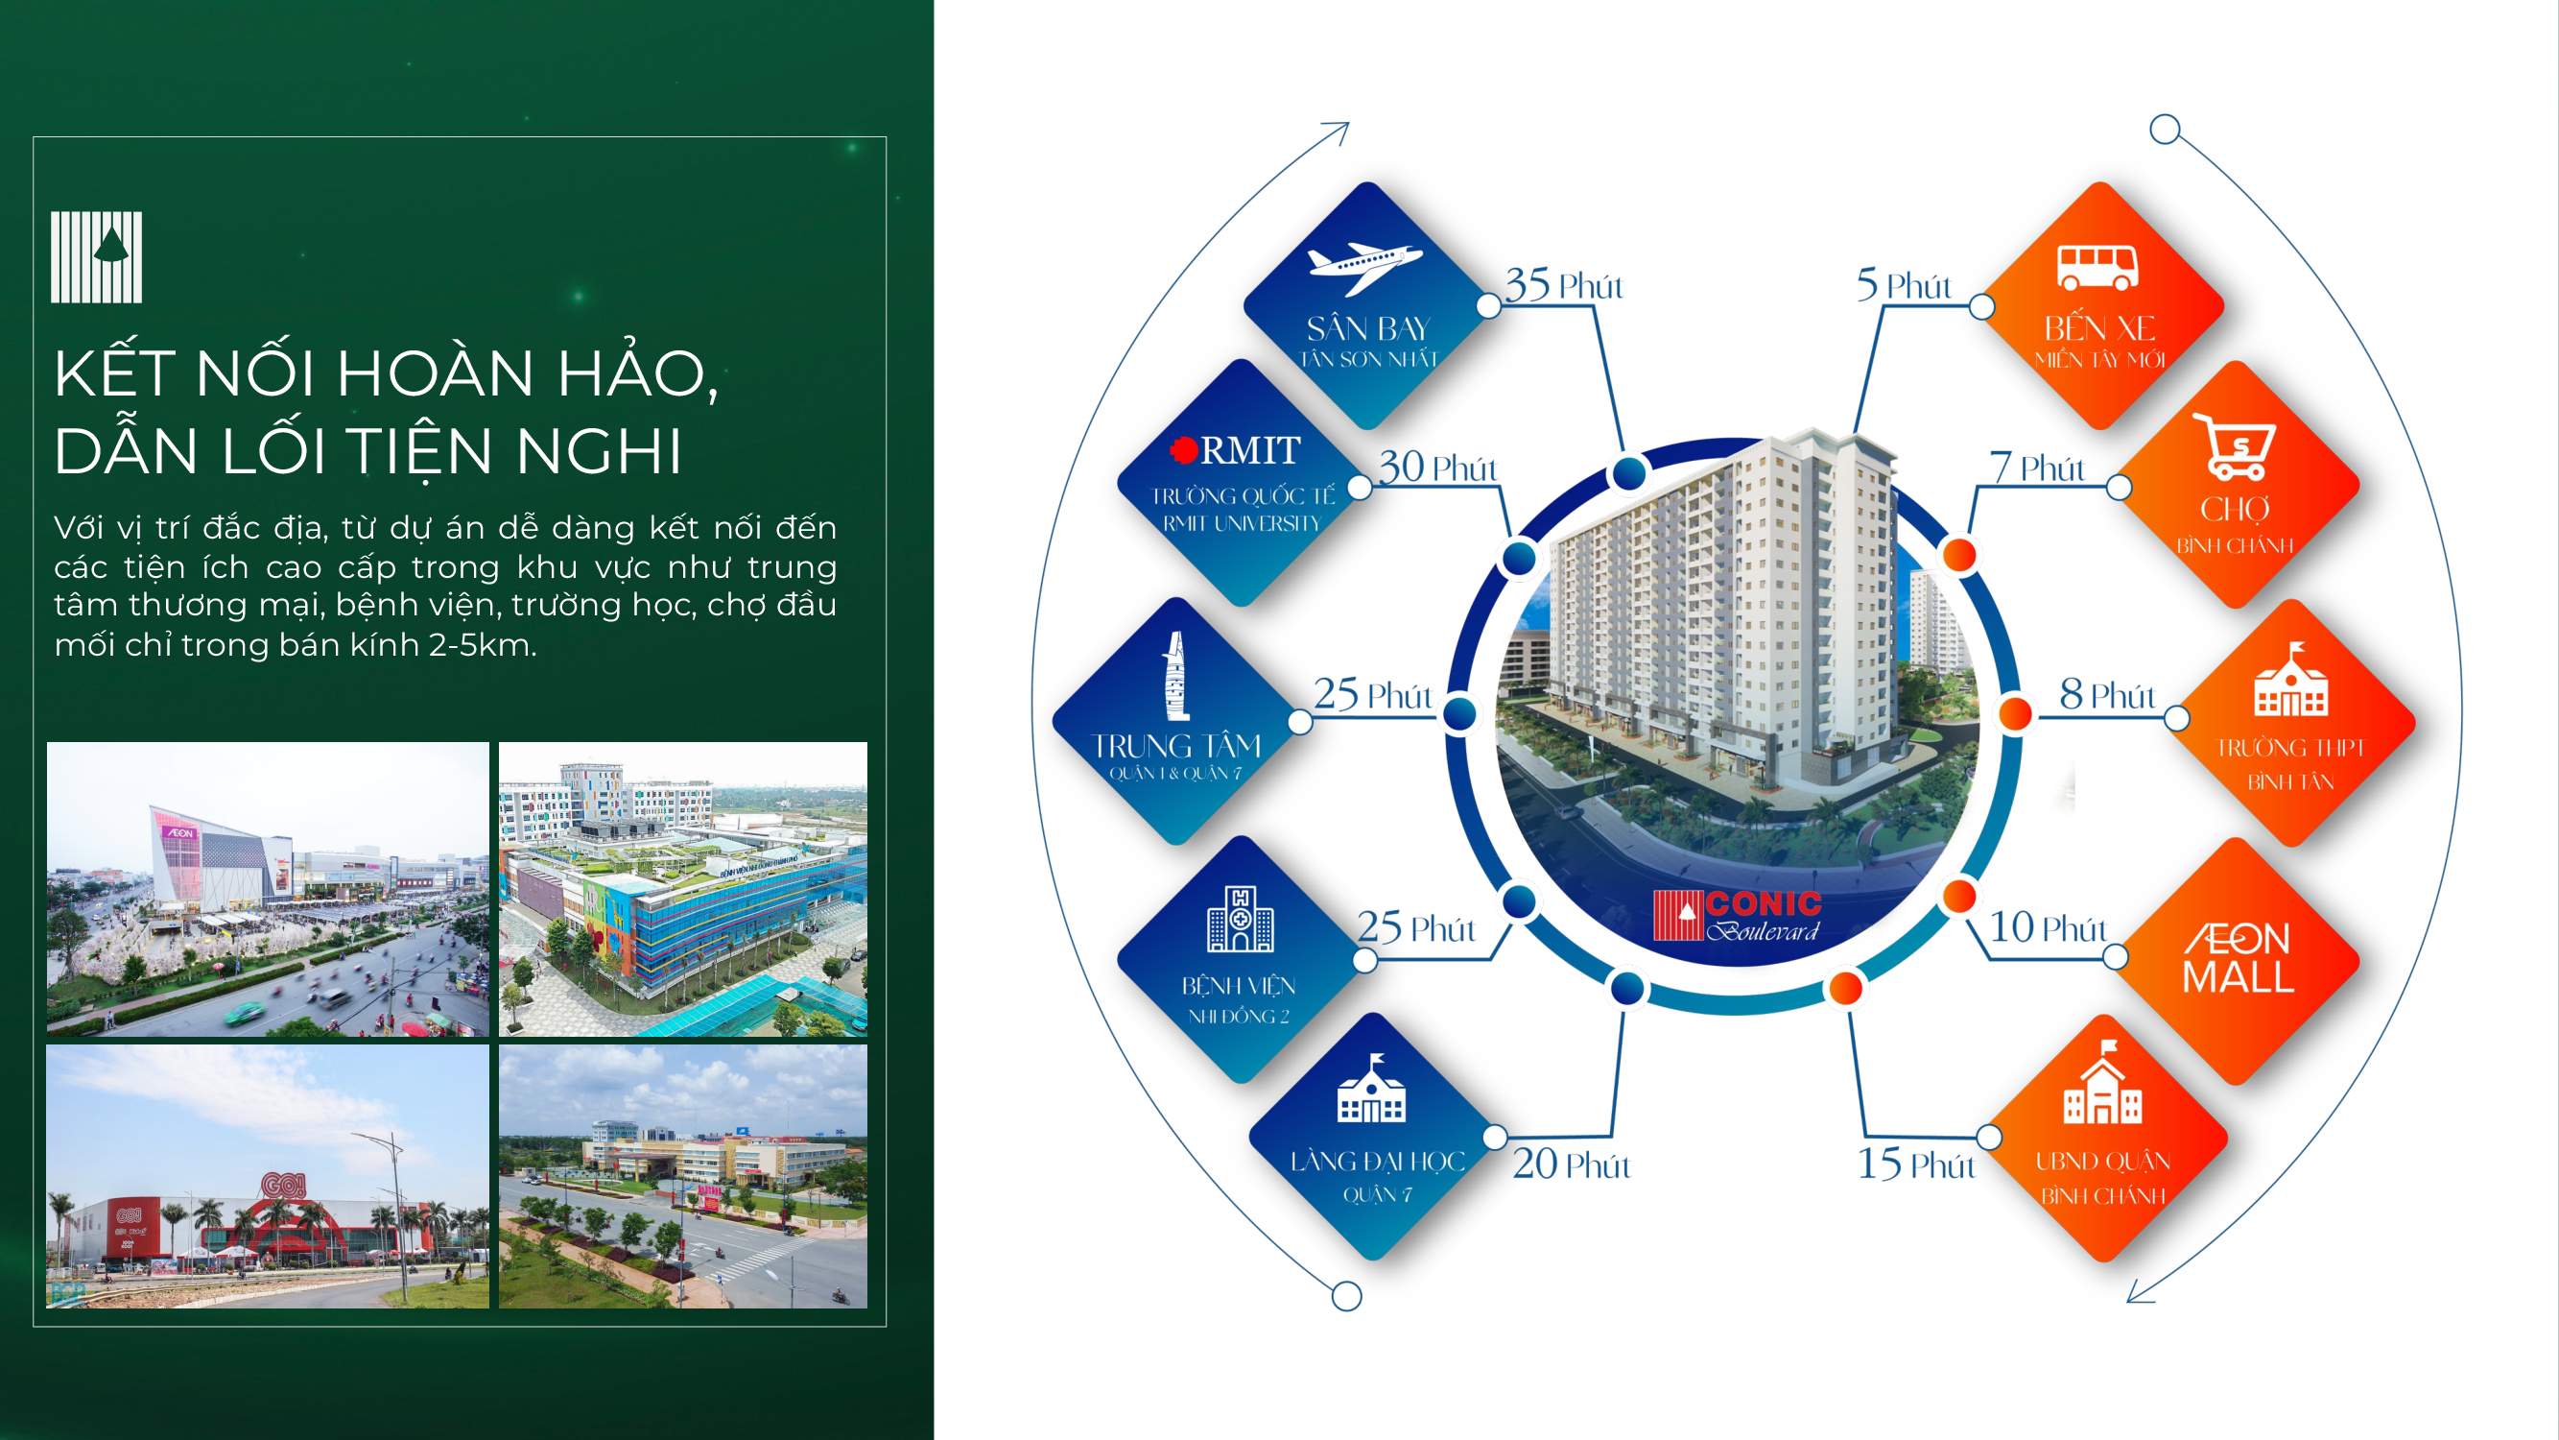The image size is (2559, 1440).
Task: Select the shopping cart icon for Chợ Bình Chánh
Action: [x=2235, y=446]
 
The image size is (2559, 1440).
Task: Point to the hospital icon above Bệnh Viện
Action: [x=1240, y=920]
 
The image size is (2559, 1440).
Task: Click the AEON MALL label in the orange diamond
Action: [x=2238, y=959]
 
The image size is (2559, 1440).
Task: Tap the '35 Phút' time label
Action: [x=1563, y=285]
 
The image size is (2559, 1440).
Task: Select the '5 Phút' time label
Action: [x=1904, y=285]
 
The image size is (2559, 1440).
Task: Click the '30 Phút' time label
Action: [x=1436, y=468]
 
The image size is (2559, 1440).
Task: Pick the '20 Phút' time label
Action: [x=1571, y=1164]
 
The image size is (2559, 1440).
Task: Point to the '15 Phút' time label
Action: [x=1915, y=1164]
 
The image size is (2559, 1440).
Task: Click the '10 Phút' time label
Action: [x=2048, y=928]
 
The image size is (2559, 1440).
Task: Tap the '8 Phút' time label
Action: [x=2106, y=695]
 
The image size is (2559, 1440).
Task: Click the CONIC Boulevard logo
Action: [x=1737, y=915]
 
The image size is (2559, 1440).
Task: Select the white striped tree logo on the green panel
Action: [x=96, y=256]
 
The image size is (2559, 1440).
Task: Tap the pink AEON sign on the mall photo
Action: [x=180, y=831]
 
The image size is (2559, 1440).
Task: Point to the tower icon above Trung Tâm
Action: [x=1176, y=676]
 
